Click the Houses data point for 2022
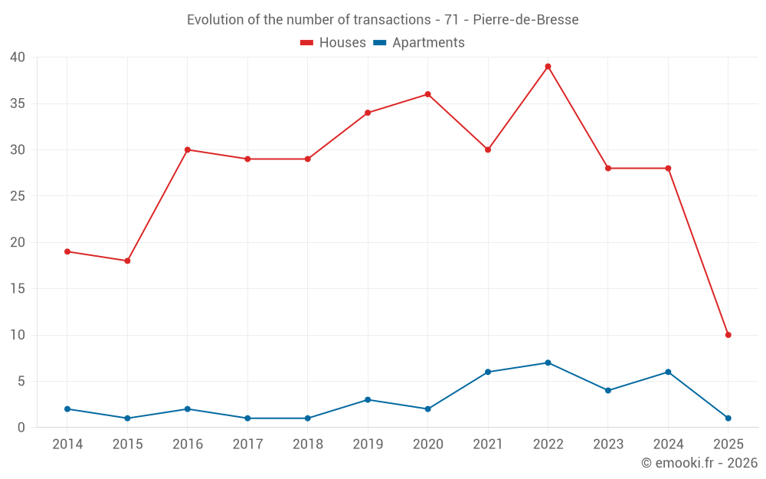(x=548, y=67)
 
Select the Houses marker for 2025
(x=728, y=335)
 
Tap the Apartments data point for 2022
(x=548, y=363)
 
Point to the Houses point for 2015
(x=127, y=261)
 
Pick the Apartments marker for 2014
(x=67, y=409)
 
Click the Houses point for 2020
(x=427, y=94)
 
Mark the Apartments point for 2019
(x=368, y=399)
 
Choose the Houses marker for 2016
(x=188, y=149)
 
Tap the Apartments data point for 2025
(x=728, y=418)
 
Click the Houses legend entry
(x=333, y=43)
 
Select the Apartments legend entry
(x=419, y=43)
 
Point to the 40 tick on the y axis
(x=18, y=57)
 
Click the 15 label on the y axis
(x=18, y=289)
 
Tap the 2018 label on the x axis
(x=307, y=445)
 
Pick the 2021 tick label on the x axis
(x=488, y=445)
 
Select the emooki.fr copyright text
(x=699, y=463)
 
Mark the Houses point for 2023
(x=608, y=168)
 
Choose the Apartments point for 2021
(x=488, y=372)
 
